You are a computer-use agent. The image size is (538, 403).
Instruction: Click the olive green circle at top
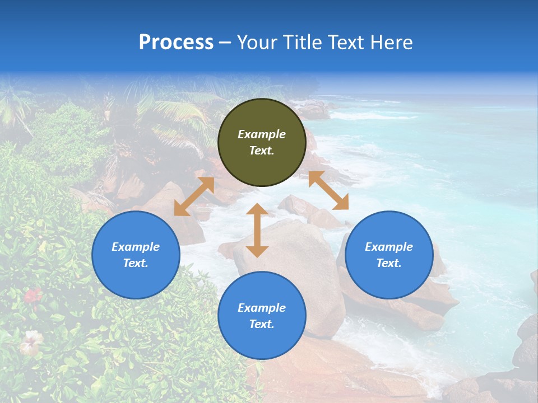pos(262,142)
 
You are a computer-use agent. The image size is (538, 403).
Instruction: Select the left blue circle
pos(136,255)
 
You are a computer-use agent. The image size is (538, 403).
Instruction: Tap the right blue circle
pos(389,255)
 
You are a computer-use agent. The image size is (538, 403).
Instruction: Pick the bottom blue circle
pos(262,316)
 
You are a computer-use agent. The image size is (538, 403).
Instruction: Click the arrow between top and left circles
pos(194,196)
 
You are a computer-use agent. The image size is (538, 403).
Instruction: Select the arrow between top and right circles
pos(328,190)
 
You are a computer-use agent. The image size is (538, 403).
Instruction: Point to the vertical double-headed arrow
pos(257,230)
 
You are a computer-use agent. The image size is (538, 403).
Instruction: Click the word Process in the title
pos(176,42)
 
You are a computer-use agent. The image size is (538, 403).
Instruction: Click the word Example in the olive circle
pos(262,134)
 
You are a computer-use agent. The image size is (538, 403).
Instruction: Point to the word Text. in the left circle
pos(136,263)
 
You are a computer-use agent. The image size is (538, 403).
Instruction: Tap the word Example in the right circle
pos(389,247)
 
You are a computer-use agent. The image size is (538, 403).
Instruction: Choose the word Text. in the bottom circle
pos(262,324)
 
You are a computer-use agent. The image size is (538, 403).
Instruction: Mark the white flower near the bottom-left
pos(31,341)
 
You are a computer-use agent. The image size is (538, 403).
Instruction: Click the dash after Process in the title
pos(225,43)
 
